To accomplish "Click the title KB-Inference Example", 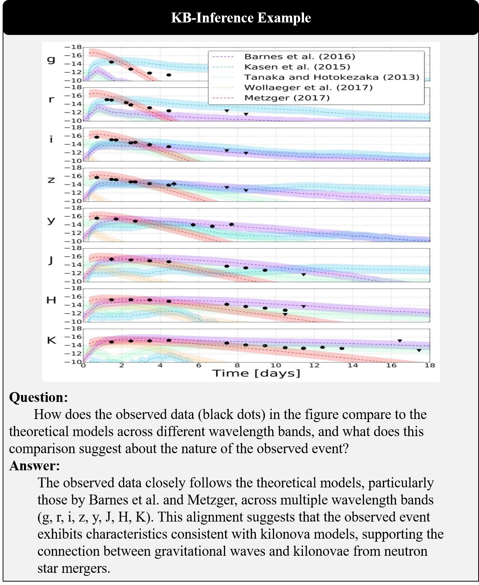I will tap(241, 18).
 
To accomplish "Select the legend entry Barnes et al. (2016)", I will tap(299, 57).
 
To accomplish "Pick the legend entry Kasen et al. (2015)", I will tap(297, 67).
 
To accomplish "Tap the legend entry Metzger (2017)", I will tap(287, 98).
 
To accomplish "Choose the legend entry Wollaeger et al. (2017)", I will tap(308, 87).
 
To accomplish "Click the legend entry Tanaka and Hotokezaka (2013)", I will tap(332, 77).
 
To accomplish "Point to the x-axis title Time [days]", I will tap(257, 373).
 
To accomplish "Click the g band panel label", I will tap(51, 59).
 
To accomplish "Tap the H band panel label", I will tap(51, 300).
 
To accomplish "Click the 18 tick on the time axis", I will tap(430, 365).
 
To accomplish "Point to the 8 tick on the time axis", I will tap(237, 365).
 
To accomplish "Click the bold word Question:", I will tap(38, 397).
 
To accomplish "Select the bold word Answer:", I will tap(35, 466).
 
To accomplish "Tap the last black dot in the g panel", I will tap(169, 75).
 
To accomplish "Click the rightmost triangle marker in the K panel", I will tap(419, 350).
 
